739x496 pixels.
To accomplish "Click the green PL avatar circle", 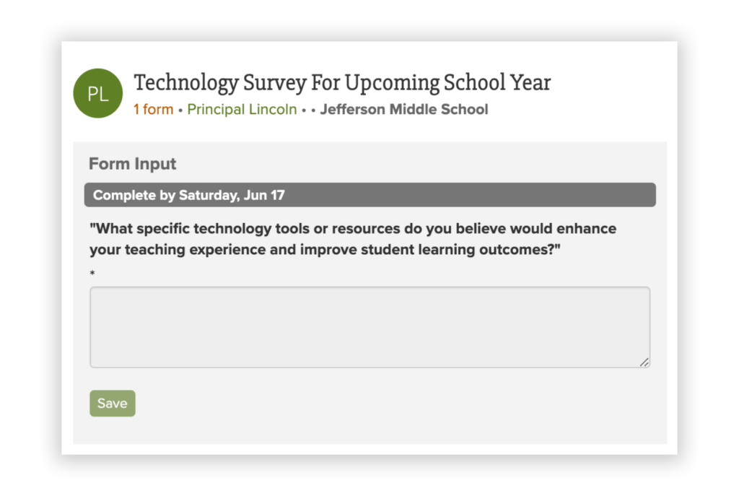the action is pos(98,93).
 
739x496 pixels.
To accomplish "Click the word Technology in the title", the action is pos(186,83).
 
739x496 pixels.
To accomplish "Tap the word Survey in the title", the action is pos(275,83).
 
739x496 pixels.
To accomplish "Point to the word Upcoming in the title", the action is pos(392,83).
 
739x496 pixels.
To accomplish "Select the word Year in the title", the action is pos(530,82).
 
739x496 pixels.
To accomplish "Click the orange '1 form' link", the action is pos(153,110).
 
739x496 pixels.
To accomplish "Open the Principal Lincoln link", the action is pos(242,110).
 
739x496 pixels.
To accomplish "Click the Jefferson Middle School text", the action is pos(404,110).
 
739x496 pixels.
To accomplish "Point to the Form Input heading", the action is pos(133,164).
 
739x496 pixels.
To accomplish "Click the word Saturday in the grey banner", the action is pos(209,195).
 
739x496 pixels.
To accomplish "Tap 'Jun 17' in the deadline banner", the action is pos(264,195).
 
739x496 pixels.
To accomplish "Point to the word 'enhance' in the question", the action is pos(586,229).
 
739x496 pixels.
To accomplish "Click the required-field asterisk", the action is pos(92,273).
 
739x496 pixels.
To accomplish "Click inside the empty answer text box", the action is pos(370,327).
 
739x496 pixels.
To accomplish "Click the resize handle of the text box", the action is pos(644,362).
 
